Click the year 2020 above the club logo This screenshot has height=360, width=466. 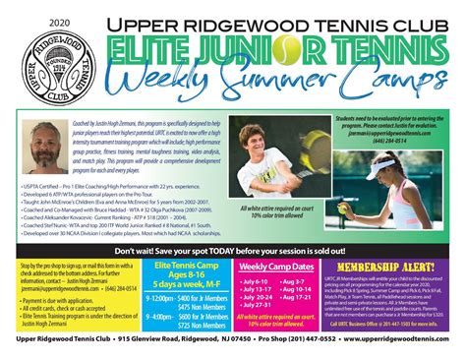pos(33,21)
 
